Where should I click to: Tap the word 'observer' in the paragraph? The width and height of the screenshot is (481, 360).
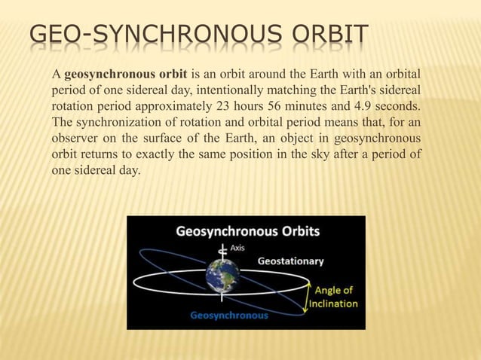point(74,139)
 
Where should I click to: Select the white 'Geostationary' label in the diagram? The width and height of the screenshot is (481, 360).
point(291,261)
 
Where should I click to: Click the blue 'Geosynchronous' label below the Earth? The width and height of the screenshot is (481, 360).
point(228,316)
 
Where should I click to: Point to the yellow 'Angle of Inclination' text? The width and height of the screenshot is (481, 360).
point(335,297)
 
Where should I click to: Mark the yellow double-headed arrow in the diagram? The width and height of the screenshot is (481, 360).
point(308,296)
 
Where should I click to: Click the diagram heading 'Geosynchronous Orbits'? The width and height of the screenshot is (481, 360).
point(247,230)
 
